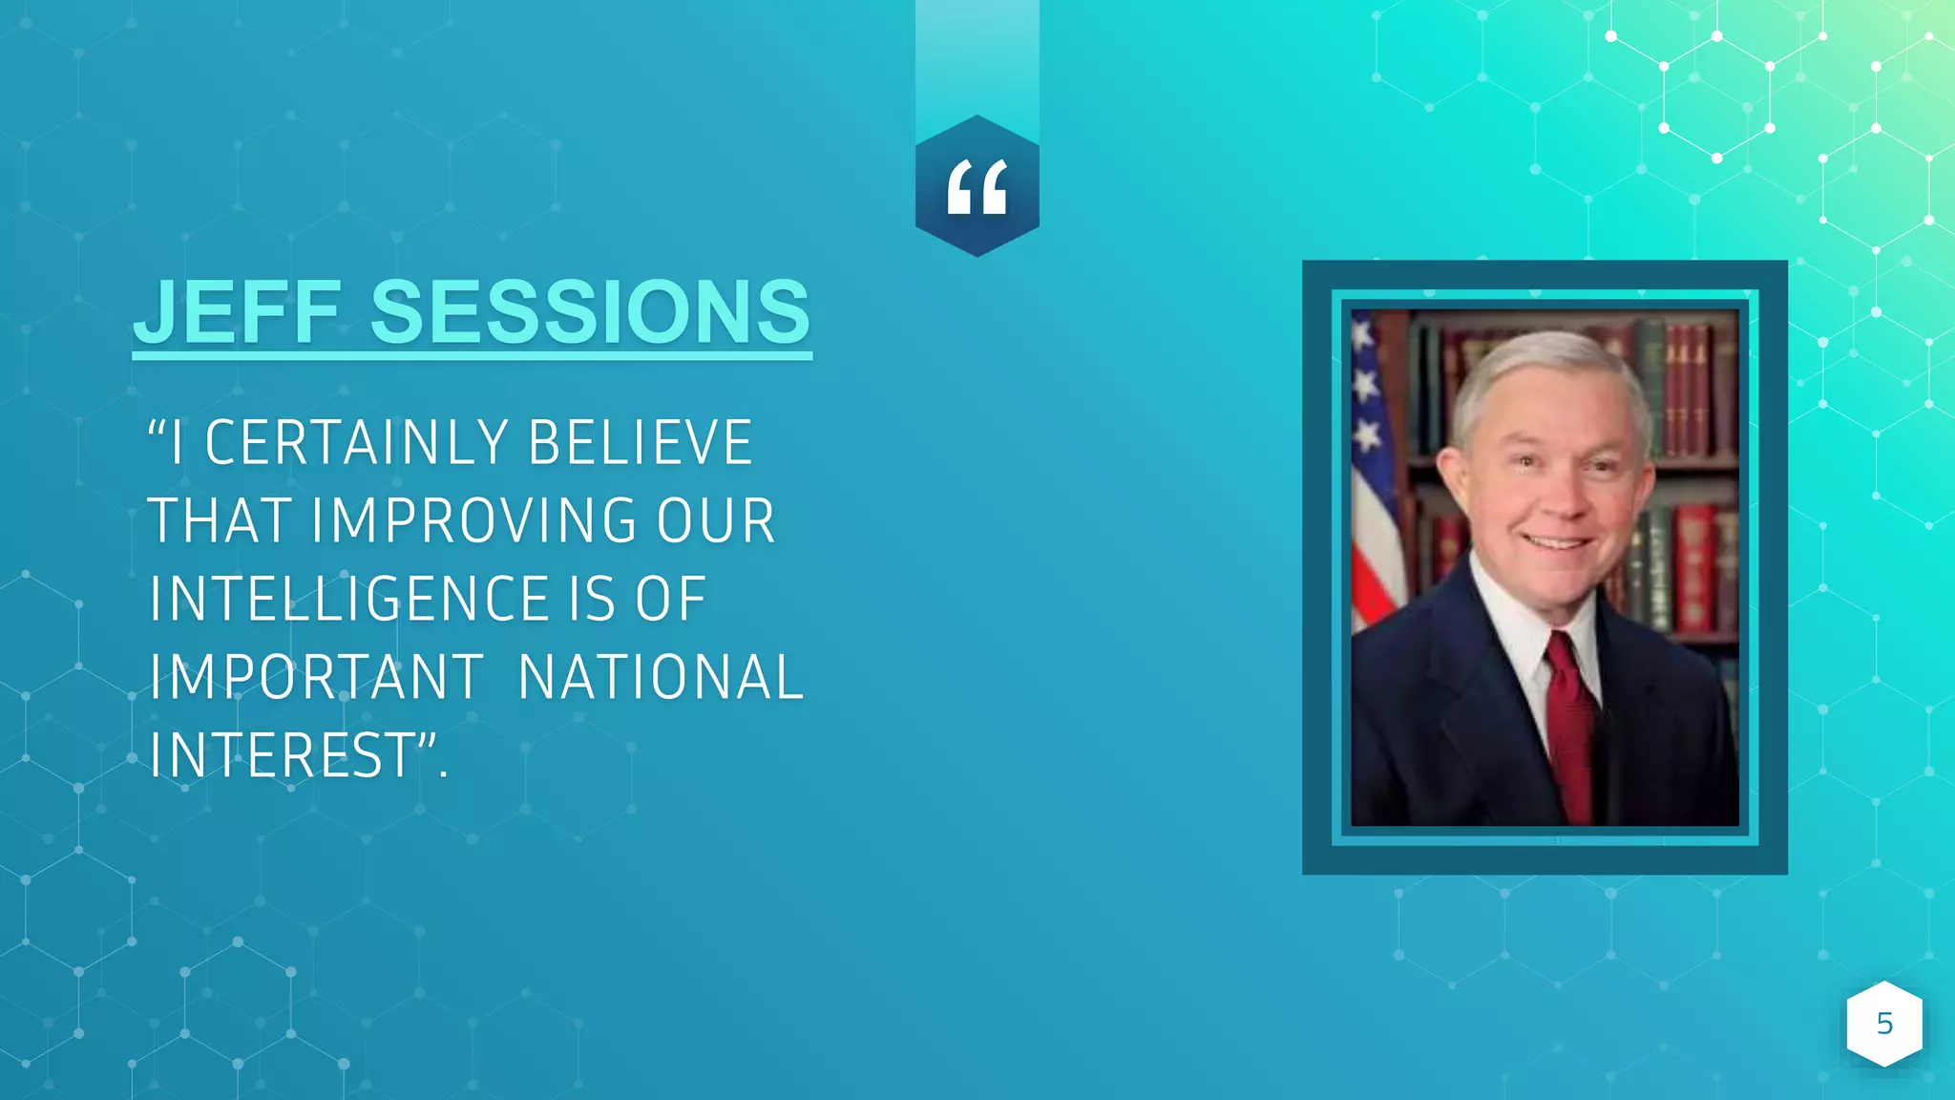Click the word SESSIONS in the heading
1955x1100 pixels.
(590, 312)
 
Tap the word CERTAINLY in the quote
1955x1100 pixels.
(358, 443)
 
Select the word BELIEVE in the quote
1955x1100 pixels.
(640, 443)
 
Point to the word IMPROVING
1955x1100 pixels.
(473, 521)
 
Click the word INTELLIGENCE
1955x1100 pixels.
(349, 600)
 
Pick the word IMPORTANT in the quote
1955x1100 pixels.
(316, 678)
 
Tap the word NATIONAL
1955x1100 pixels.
(661, 678)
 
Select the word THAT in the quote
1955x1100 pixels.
(220, 521)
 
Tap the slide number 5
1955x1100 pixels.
(1884, 1024)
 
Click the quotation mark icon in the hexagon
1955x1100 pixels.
(977, 187)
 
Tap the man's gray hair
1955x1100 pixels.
(1546, 368)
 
